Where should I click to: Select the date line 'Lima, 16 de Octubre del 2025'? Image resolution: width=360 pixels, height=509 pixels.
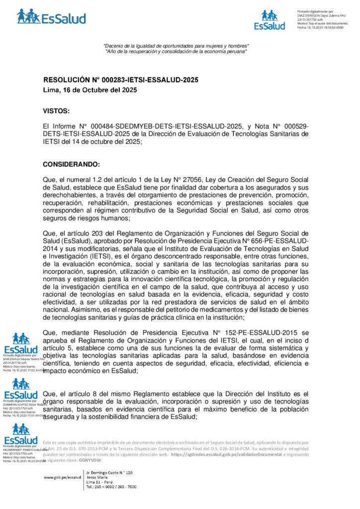pyautogui.click(x=87, y=90)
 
